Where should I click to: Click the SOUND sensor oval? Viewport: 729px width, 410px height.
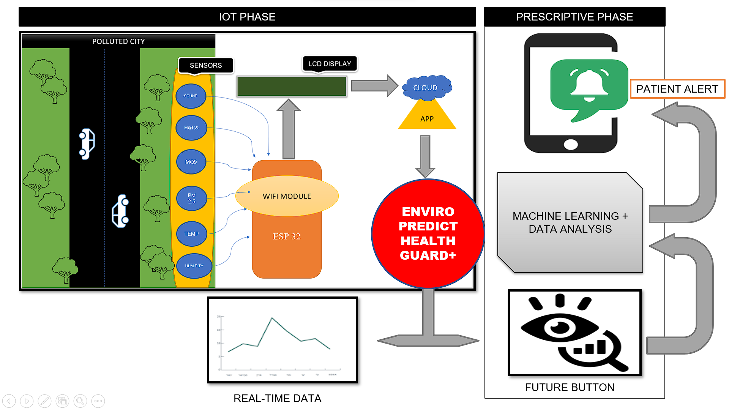(191, 96)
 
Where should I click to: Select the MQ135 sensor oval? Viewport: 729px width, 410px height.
(191, 128)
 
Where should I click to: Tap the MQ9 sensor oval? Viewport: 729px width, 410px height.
(191, 162)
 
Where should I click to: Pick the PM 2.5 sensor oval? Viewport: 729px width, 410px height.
(192, 198)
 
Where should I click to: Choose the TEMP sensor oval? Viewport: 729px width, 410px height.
(192, 234)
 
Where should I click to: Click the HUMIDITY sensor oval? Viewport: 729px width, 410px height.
(194, 266)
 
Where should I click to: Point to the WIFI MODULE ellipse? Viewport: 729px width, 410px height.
(287, 196)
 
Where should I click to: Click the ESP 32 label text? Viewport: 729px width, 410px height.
(287, 237)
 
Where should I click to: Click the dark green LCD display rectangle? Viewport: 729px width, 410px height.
(292, 86)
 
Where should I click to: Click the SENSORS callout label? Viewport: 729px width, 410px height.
(206, 65)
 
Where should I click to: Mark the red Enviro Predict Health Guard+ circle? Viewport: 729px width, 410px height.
(428, 233)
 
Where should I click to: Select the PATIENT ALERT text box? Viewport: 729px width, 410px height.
(677, 89)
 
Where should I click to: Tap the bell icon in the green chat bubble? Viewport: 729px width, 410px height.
(589, 84)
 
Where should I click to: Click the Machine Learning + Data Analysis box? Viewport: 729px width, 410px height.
(570, 222)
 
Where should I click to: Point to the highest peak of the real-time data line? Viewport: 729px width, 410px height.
(272, 318)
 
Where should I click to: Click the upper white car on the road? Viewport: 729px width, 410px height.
(87, 143)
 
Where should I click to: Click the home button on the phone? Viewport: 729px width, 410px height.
(571, 144)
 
